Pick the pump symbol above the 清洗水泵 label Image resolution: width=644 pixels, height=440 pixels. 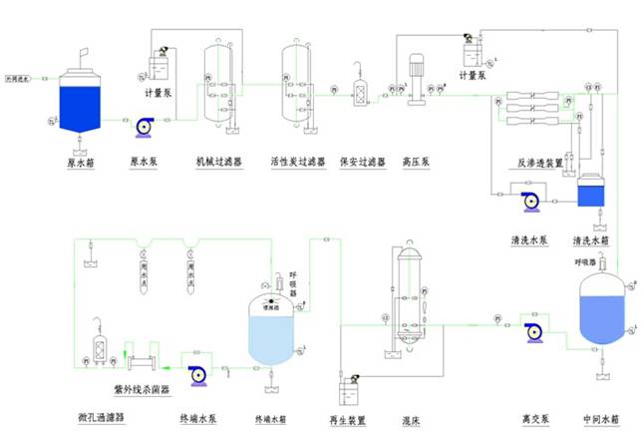pos(530,202)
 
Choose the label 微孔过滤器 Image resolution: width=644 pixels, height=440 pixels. pos(101,418)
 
